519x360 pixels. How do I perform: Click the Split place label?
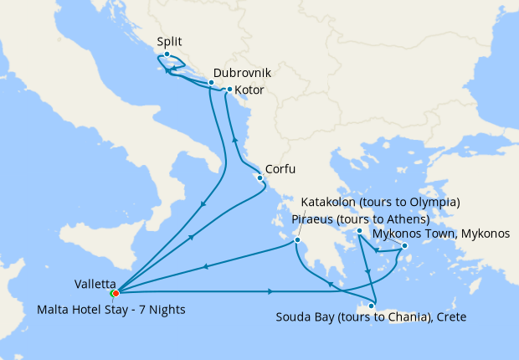(x=169, y=41)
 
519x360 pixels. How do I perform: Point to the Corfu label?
(x=282, y=167)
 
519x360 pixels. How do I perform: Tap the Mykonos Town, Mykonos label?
(x=440, y=234)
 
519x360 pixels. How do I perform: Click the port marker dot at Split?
(x=167, y=54)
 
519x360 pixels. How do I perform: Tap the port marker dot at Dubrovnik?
(x=211, y=83)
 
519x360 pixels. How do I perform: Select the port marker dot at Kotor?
(x=229, y=90)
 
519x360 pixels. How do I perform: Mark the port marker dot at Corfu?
(x=260, y=177)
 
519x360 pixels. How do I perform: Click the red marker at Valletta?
(x=116, y=293)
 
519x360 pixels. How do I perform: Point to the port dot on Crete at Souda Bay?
(x=370, y=306)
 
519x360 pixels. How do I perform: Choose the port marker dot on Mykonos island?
(x=403, y=246)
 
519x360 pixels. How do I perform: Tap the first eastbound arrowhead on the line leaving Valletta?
(x=270, y=291)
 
